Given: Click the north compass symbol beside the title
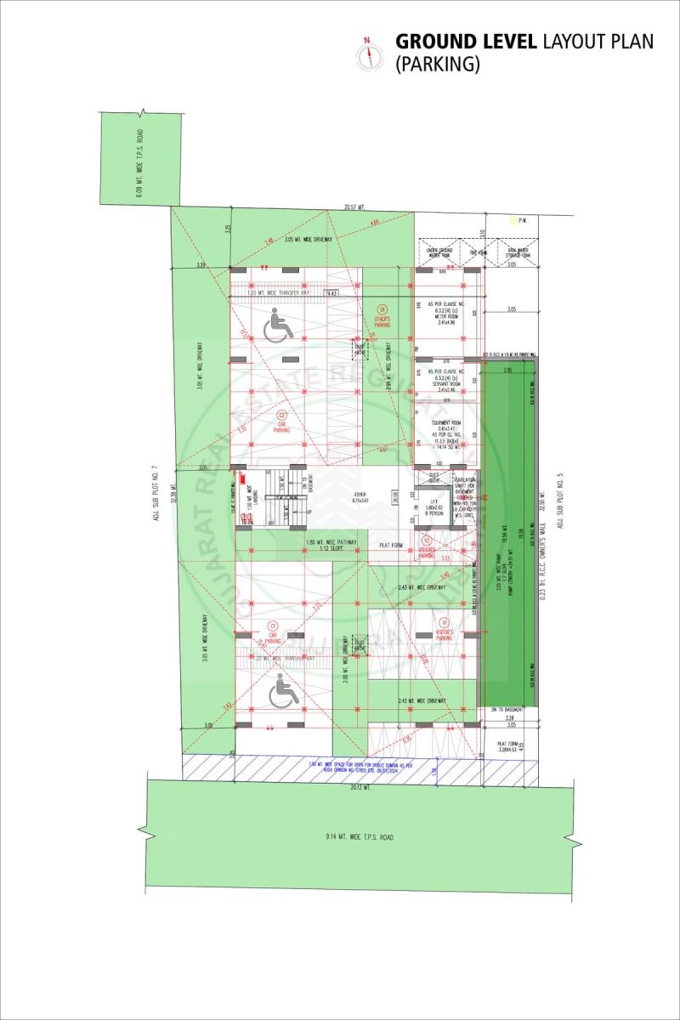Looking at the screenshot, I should [x=368, y=54].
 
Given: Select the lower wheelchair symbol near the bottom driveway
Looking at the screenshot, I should [x=283, y=693].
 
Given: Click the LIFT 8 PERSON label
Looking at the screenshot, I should [x=434, y=511].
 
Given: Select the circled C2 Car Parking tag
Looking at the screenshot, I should [x=281, y=419].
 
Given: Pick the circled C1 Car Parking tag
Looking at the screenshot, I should [x=274, y=627].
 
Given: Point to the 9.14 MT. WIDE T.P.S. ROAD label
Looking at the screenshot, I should [x=360, y=837].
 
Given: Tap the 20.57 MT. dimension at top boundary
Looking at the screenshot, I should [x=354, y=207].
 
